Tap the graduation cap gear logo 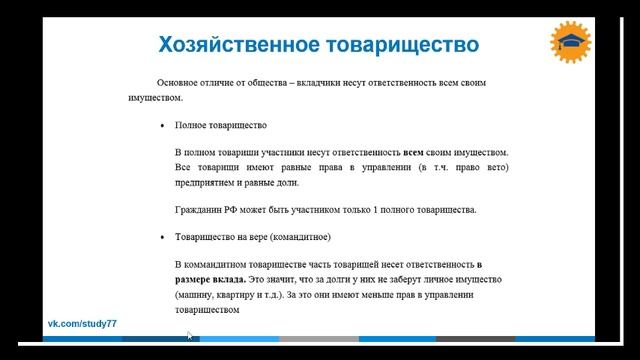click(571, 41)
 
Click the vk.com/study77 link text click(84, 326)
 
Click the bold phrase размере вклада click(208, 278)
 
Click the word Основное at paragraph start click(178, 83)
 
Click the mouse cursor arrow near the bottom click(189, 336)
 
